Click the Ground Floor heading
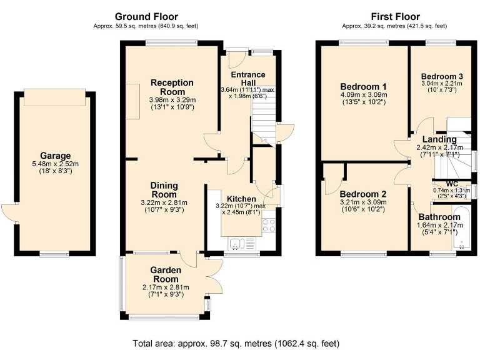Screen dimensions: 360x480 pos(147,17)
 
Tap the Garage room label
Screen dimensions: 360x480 pos(56,156)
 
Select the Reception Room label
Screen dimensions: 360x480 pos(172,87)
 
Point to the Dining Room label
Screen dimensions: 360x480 pos(164,190)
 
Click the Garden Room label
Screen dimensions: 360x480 pos(165,274)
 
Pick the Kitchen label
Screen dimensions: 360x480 pos(241,199)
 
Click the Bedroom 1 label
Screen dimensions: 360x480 pos(363,86)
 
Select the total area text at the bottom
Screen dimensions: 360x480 pos(236,343)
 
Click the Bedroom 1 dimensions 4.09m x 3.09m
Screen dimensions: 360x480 pos(363,95)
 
